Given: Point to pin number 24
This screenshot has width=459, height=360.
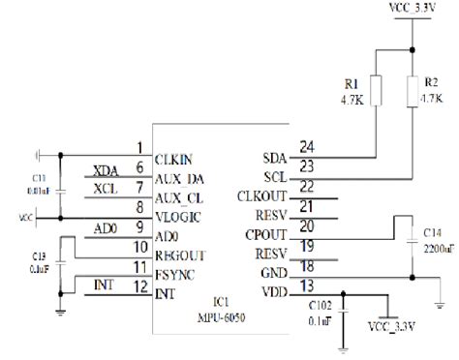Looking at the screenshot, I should point(307,147).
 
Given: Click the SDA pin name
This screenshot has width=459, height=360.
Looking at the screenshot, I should point(274,157).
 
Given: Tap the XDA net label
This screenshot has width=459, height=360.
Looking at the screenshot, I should point(106,170).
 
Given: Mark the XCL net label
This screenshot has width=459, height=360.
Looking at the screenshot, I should point(106,190).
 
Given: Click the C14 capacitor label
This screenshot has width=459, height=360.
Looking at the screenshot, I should point(433,232).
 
